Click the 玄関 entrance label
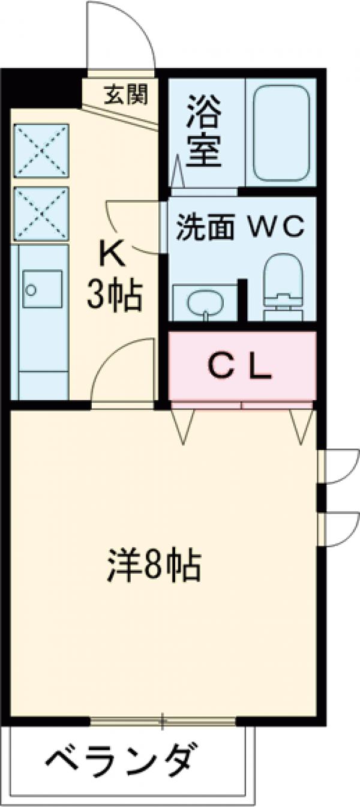(125, 94)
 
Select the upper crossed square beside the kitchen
(41, 150)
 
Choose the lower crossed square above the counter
(41, 213)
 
